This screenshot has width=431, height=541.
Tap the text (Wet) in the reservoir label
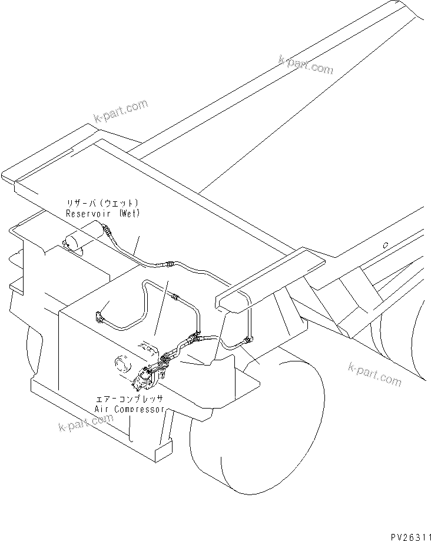point(128,214)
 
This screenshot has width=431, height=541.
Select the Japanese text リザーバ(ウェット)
point(103,204)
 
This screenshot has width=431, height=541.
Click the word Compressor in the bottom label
point(137,409)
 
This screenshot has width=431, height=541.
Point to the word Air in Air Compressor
point(103,409)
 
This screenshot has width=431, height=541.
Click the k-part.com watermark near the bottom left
point(85,422)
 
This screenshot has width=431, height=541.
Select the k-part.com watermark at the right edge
point(374,374)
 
